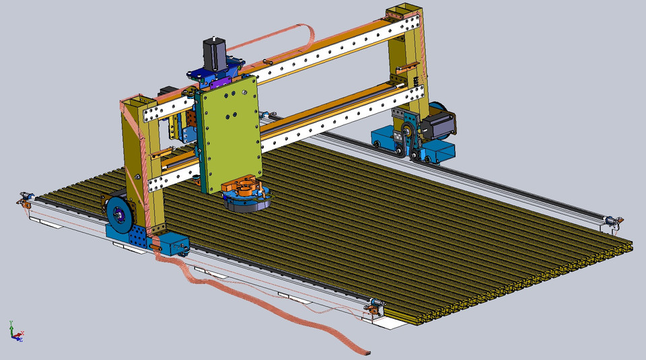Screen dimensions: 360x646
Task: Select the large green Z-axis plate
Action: click(x=229, y=134)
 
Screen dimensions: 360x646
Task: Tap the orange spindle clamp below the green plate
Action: click(x=243, y=187)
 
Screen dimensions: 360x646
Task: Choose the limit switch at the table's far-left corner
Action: click(x=26, y=198)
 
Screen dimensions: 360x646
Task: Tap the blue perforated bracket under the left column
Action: click(x=131, y=236)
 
